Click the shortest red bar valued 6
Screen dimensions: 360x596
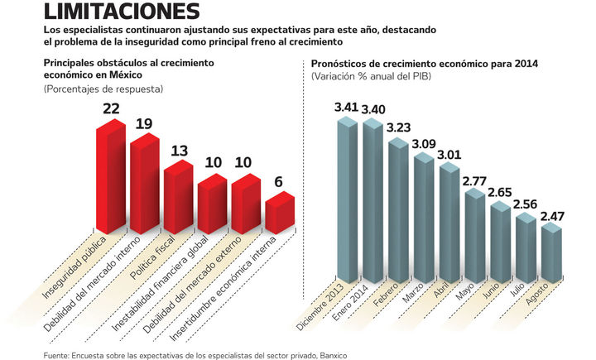point(279,213)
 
